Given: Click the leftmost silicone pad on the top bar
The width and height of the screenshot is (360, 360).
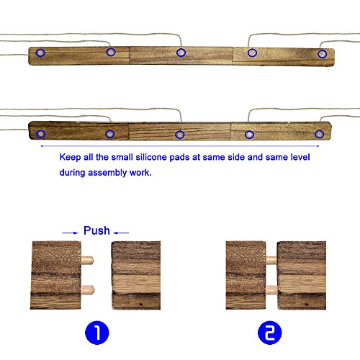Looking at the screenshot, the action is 40,53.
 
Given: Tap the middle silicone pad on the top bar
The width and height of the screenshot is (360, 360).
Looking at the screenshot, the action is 181,53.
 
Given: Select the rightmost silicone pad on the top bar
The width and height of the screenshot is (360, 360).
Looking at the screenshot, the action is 322,54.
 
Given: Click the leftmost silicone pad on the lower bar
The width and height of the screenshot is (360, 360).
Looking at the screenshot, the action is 41,134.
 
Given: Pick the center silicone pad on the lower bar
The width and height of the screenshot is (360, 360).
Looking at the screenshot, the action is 180,135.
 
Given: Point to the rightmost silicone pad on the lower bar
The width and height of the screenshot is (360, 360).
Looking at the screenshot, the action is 319,134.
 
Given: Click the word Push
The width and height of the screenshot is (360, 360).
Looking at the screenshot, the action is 96,230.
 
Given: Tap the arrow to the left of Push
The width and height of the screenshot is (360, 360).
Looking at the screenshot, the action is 70,233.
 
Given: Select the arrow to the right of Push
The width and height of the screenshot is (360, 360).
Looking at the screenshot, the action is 121,233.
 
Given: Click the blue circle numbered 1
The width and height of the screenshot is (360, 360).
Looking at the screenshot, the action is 97,333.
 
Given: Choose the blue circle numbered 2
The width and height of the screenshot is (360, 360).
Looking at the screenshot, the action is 270,333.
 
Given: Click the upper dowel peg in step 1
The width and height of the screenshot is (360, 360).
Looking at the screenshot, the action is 87,260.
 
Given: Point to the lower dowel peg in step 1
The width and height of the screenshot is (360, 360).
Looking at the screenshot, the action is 88,289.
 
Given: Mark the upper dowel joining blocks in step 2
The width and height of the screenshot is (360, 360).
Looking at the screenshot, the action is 271,259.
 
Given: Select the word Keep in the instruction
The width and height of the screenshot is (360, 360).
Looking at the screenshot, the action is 70,158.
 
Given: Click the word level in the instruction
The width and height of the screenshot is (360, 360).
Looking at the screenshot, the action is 300,157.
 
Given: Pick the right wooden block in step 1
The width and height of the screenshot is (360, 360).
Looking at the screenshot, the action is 136,275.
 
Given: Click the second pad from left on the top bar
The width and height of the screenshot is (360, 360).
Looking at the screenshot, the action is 111,52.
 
